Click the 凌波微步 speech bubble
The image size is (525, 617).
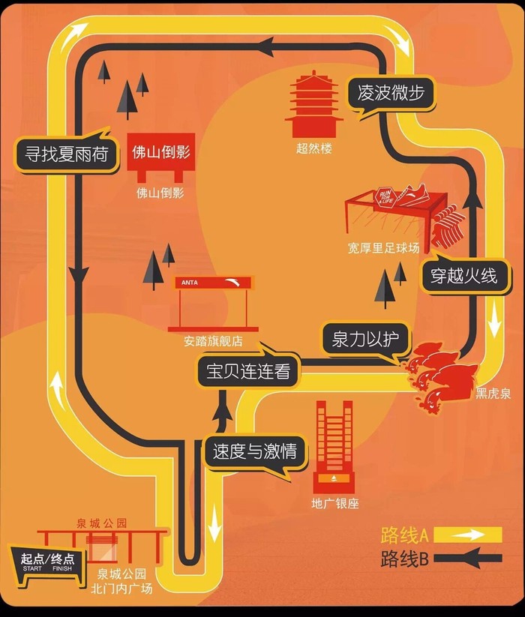pyautogui.click(x=391, y=94)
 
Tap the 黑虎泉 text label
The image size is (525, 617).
pyautogui.click(x=493, y=393)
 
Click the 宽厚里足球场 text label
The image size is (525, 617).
pyautogui.click(x=383, y=247)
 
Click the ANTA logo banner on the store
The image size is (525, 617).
pyautogui.click(x=213, y=283)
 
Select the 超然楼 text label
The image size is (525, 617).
pyautogui.click(x=313, y=148)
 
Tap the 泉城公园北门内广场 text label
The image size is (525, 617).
pyautogui.click(x=124, y=581)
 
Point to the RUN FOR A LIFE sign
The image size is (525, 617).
pyautogui.click(x=385, y=199)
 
